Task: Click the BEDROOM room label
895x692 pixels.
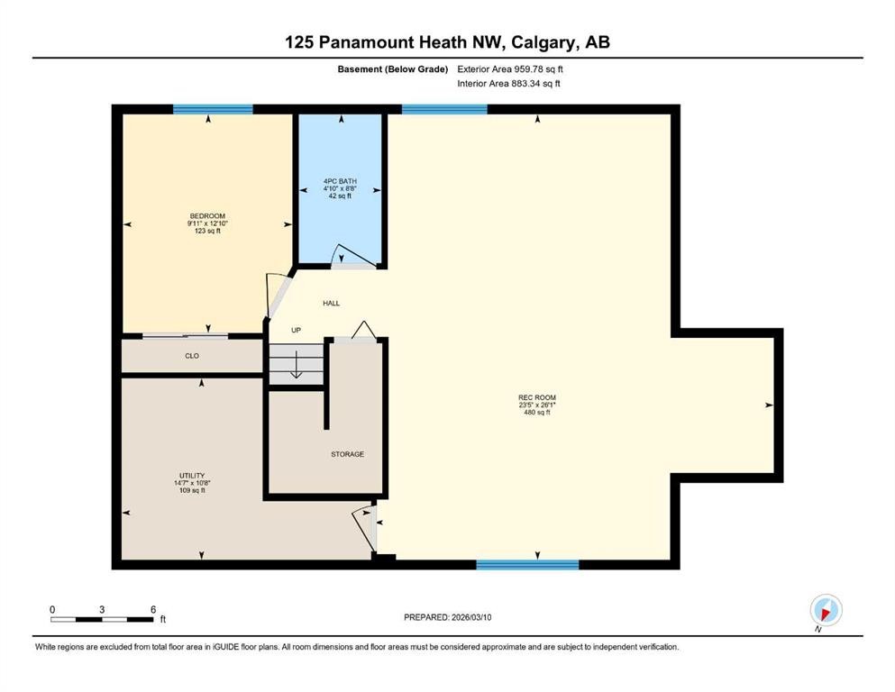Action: point(205,216)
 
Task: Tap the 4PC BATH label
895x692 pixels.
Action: point(340,182)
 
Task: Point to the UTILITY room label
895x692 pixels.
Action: point(191,476)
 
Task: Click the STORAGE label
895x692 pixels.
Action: point(347,454)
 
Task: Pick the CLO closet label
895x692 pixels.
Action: point(192,356)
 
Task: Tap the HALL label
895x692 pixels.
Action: point(331,304)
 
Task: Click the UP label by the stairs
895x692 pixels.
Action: point(296,331)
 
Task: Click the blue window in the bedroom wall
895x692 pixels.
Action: point(213,109)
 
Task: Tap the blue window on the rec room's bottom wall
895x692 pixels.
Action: point(527,565)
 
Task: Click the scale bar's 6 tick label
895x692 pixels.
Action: point(153,609)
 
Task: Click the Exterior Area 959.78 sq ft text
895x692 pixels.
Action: point(511,68)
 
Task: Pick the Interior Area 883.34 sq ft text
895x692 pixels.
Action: point(509,84)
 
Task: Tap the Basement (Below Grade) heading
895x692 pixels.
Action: point(393,68)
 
